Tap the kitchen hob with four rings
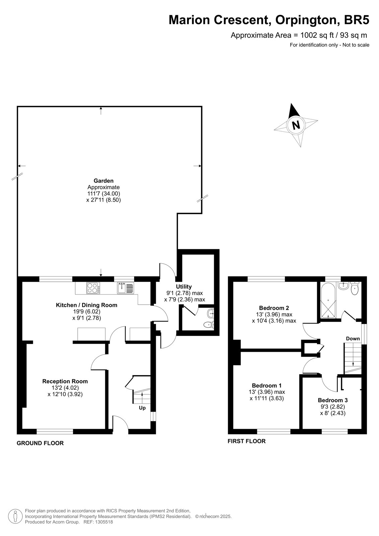93,288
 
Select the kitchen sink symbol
125,288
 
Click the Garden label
104,181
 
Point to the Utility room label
184,286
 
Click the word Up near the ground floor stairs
142,408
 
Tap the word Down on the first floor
353,339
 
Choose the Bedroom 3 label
333,400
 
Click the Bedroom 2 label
274,308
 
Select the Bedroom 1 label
267,386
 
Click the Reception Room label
65,381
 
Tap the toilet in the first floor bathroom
354,288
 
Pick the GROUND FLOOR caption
40,443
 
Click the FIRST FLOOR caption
247,441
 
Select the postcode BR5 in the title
357,20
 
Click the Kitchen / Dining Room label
87,305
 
